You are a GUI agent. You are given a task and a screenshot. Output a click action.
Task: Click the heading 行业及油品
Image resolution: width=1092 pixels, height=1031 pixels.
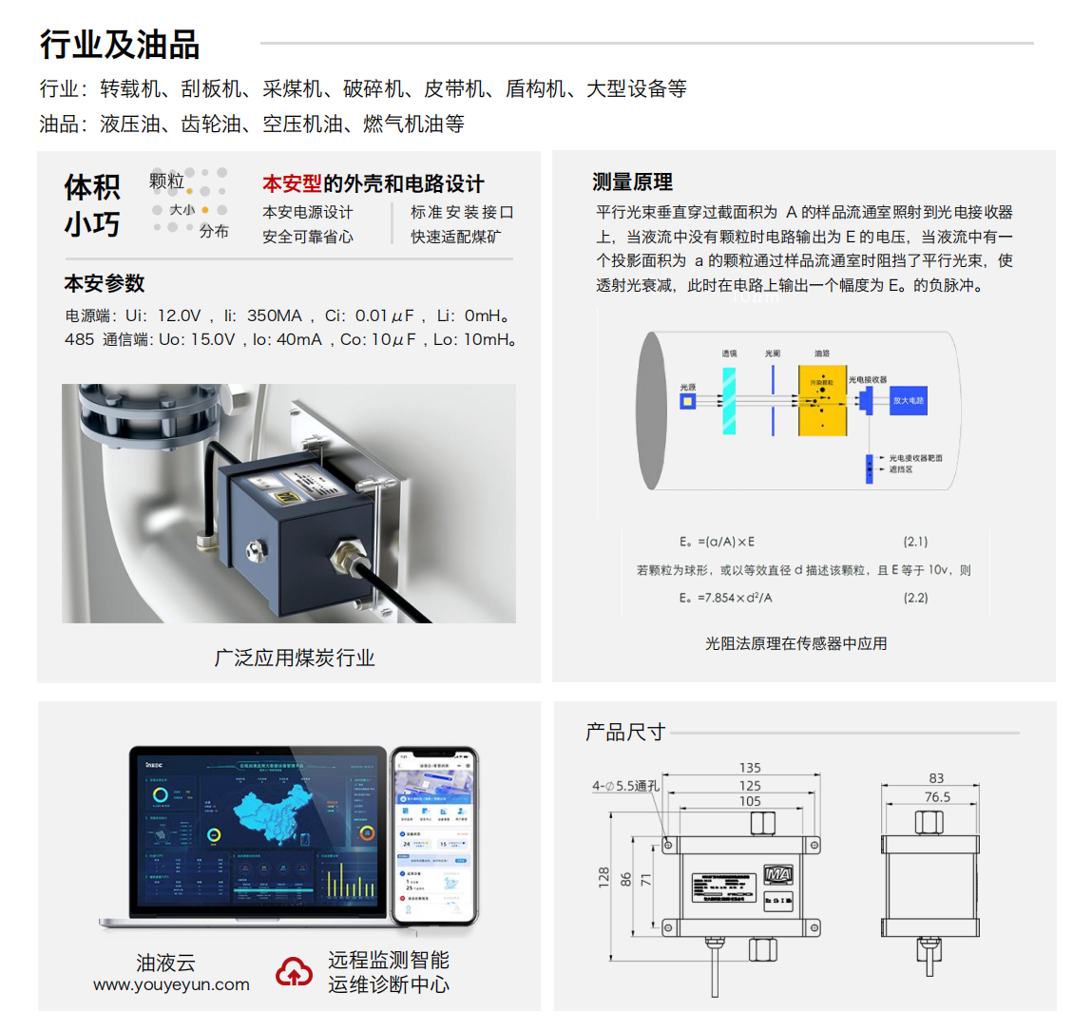(x=120, y=45)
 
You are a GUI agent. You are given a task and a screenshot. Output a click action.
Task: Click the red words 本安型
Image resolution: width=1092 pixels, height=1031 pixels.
(x=292, y=183)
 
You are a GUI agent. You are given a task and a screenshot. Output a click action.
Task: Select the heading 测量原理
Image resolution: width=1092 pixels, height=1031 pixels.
(x=632, y=181)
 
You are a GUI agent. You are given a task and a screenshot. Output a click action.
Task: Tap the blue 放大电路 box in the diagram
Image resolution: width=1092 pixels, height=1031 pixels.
(x=908, y=400)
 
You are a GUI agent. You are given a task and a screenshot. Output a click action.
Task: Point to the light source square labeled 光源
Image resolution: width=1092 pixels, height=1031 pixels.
(x=687, y=402)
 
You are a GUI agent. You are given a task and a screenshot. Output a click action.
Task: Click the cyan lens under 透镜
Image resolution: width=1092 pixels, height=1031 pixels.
(x=729, y=400)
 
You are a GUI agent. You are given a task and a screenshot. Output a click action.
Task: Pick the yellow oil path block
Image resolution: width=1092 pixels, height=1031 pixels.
(x=822, y=401)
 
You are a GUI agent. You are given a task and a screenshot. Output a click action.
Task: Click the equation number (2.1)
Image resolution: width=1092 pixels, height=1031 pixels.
(x=915, y=542)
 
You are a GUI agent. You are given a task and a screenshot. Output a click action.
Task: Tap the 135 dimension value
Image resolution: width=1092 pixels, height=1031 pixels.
(x=750, y=768)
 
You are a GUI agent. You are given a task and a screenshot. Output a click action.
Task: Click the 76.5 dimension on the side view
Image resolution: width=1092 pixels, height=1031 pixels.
(x=937, y=797)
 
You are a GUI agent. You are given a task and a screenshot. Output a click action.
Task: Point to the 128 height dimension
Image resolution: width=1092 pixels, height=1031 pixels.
(x=603, y=877)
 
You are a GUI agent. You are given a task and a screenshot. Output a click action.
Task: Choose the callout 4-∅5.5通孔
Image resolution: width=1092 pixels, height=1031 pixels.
(x=625, y=786)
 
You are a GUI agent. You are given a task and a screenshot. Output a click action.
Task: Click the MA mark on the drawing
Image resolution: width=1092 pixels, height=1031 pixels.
(x=777, y=875)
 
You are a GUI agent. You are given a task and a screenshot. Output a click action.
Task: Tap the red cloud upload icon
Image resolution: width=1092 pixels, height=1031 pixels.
(x=295, y=972)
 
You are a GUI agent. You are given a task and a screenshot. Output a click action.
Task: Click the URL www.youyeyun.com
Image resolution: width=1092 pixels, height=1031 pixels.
(x=171, y=984)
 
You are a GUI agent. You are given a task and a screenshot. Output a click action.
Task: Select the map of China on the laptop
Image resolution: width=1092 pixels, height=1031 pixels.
(x=272, y=813)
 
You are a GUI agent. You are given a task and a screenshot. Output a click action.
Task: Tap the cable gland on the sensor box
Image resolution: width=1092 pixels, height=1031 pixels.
(x=343, y=552)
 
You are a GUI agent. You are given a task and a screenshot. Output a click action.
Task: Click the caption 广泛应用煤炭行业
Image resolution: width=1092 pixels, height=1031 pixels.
(x=294, y=658)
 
